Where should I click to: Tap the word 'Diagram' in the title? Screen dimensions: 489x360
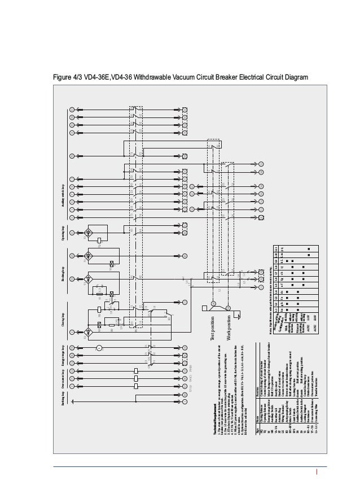(x=295, y=77)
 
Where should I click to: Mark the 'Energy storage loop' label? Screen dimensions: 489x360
(x=62, y=352)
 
